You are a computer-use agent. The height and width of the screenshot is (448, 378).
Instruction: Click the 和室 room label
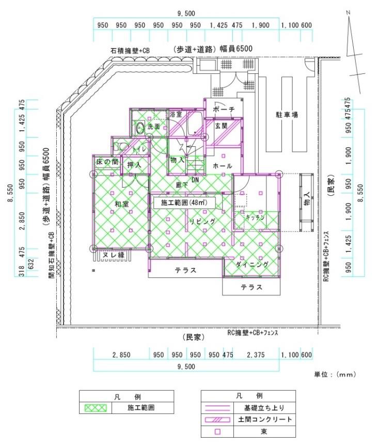pyautogui.click(x=122, y=204)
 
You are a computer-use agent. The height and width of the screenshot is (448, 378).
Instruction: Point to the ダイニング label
pyautogui.click(x=252, y=265)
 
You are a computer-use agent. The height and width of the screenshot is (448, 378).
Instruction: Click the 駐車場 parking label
pyautogui.click(x=287, y=115)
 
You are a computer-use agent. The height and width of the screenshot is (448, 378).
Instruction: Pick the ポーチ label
pyautogui.click(x=224, y=110)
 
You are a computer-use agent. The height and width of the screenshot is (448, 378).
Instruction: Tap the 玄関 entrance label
pyautogui.click(x=222, y=126)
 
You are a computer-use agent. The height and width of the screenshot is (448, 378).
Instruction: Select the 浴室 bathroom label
pyautogui.click(x=176, y=114)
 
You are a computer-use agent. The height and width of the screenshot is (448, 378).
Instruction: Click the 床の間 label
pyautogui.click(x=107, y=162)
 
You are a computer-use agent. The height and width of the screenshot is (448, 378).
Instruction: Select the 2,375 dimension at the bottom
pyautogui.click(x=256, y=355)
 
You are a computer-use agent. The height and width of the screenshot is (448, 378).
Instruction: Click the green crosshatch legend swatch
pyautogui.click(x=96, y=408)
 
